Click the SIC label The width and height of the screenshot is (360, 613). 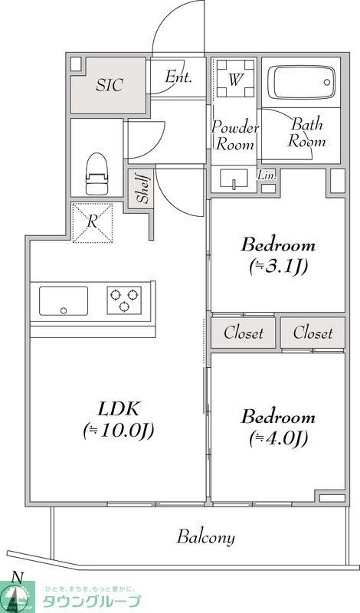tap(110, 85)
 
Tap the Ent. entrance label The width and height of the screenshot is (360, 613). tap(178, 77)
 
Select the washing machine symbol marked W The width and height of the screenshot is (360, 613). tap(235, 79)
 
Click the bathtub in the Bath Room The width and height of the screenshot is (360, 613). tap(301, 82)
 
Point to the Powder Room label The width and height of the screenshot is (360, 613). tap(235, 135)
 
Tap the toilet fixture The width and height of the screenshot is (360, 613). tap(97, 175)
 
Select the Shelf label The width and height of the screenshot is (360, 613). tap(143, 188)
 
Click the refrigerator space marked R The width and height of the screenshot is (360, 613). tap(93, 221)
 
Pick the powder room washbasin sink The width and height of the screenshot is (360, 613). tap(232, 180)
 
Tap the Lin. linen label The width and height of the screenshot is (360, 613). tap(267, 175)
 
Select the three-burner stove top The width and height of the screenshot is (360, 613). tap(123, 300)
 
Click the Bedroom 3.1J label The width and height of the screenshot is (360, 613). tap(278, 256)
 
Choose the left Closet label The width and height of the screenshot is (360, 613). tap(244, 333)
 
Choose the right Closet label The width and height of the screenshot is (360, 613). tap(313, 333)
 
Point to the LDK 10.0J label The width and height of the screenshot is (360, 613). tap(119, 419)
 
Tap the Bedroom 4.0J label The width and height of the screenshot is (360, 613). tap(277, 428)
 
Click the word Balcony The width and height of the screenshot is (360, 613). tap(206, 537)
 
